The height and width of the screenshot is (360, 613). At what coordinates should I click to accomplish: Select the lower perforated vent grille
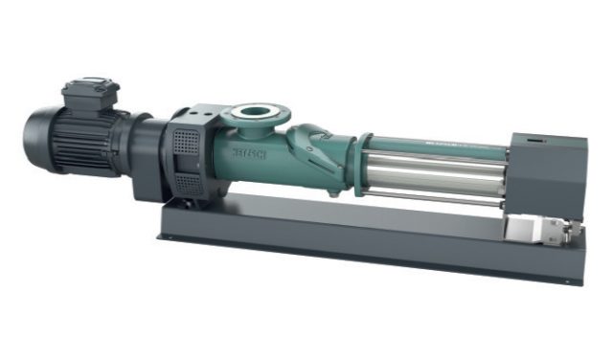pyautogui.click(x=192, y=184)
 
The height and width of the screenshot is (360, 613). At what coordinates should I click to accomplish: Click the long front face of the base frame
pyautogui.click(x=364, y=245)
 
